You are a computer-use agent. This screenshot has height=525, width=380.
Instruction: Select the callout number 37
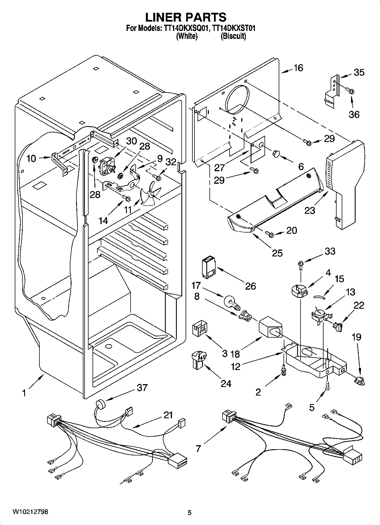142,387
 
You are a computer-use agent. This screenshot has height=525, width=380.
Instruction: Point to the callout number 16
298,68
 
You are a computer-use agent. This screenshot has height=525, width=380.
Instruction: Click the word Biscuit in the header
233,36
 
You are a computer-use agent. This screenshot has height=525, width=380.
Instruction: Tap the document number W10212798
30,512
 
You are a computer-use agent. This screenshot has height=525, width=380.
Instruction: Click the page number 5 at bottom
190,513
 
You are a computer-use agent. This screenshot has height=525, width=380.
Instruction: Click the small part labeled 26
208,267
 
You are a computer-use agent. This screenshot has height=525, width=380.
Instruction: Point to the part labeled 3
200,329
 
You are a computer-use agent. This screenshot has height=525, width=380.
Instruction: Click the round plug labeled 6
276,154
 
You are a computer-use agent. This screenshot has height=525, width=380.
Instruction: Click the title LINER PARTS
186,17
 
